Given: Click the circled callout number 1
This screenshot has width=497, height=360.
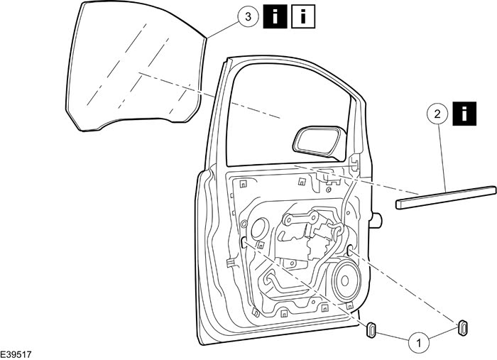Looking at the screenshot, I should (418, 342).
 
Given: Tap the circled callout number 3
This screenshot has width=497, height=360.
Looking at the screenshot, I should (246, 18).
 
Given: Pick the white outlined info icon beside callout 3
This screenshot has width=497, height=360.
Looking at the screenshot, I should (303, 17).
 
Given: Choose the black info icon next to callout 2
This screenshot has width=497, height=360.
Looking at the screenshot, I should (465, 113).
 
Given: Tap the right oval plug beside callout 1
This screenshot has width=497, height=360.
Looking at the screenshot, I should (462, 325).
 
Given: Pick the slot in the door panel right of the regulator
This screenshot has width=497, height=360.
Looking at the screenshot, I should (351, 249).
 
